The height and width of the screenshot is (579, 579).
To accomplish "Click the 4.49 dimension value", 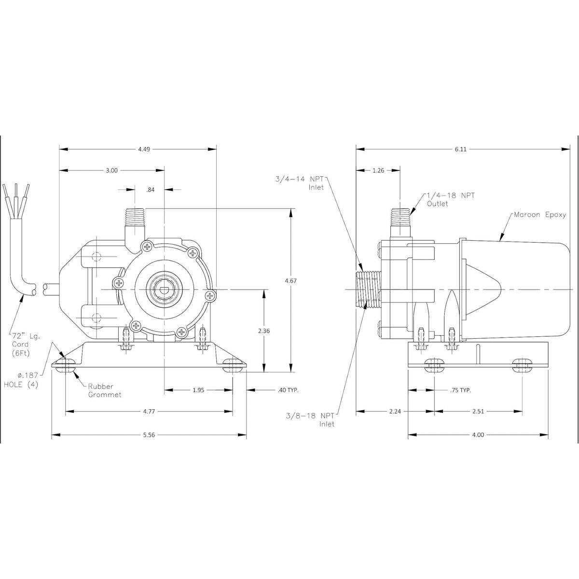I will pos(144,150).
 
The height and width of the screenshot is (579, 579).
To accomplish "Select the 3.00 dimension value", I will pos(111,170).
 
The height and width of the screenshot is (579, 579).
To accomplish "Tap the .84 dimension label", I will pos(151,190).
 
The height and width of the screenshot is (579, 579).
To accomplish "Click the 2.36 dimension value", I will pos(264,331).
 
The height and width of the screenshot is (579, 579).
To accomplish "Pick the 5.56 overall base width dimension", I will pos(149,435).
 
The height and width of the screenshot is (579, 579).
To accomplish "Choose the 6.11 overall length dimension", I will pos(460,150).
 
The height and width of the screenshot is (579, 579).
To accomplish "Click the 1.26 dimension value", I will pos(378,170).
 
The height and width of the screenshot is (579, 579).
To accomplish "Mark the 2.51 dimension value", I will pos(478,412).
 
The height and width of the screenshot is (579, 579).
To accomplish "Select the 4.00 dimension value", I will pos(478,435).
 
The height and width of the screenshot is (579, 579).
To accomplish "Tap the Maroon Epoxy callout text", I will pos(539,215).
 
